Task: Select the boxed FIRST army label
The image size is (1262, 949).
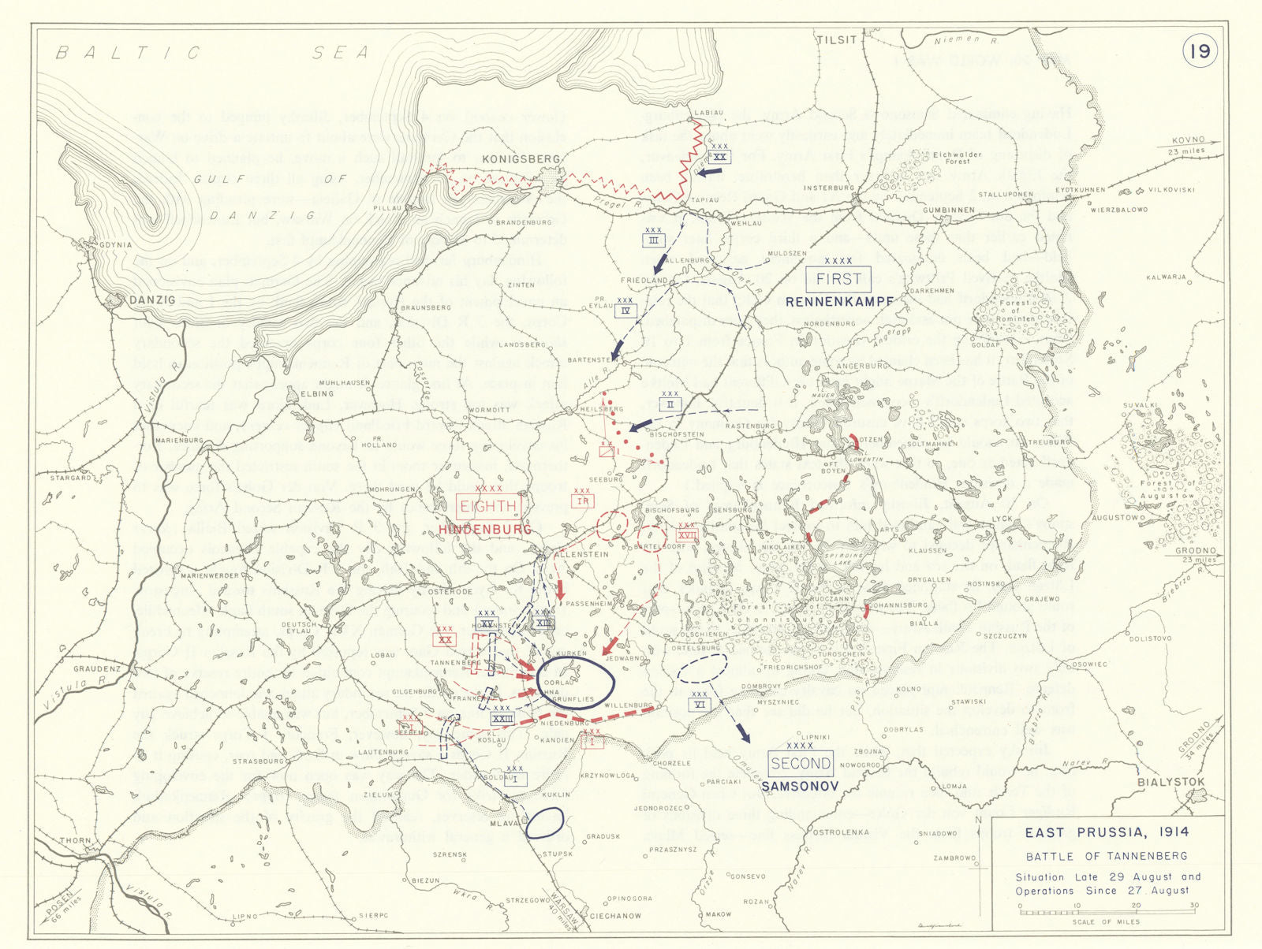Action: click(838, 280)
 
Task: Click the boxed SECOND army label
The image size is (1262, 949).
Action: click(801, 763)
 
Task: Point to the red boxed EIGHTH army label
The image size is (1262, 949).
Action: click(487, 507)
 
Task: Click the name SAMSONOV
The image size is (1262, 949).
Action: click(796, 787)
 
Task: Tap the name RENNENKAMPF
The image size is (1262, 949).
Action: click(839, 301)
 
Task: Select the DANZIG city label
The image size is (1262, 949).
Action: click(153, 300)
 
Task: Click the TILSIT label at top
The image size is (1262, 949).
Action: click(836, 40)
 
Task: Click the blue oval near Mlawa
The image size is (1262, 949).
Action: click(544, 823)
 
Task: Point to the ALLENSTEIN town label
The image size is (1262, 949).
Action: click(582, 555)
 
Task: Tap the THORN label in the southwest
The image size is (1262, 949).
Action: click(76, 841)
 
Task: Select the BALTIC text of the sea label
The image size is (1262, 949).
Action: click(129, 53)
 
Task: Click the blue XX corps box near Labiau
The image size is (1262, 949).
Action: click(719, 156)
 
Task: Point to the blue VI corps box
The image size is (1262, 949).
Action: click(699, 704)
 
